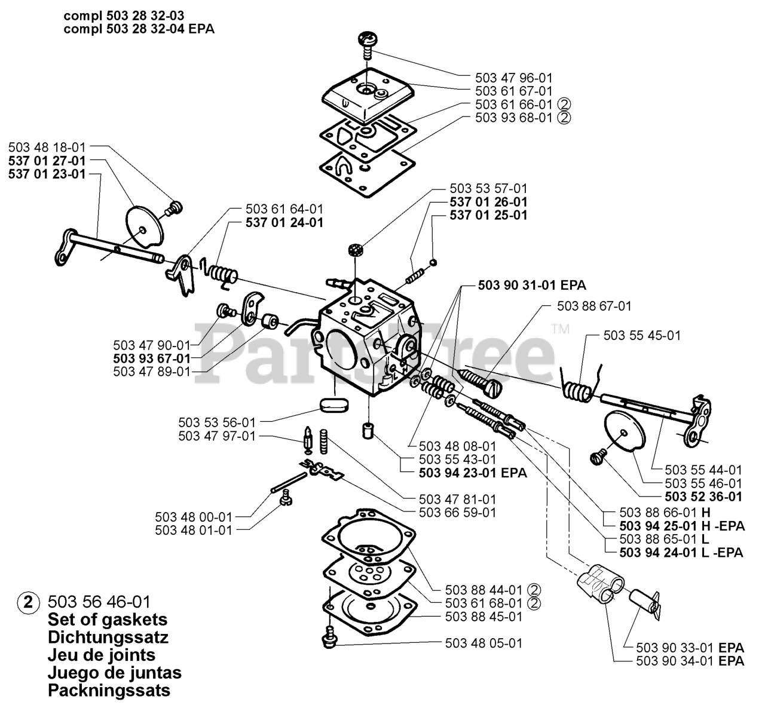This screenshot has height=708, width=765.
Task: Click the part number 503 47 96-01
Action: click(513, 78)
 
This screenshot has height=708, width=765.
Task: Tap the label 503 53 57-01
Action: click(488, 189)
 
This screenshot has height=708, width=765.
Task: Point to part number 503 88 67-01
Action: click(593, 306)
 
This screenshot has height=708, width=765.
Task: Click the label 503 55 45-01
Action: click(642, 336)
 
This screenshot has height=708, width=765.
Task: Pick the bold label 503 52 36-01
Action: click(703, 496)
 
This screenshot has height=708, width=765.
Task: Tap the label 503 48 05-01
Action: click(484, 643)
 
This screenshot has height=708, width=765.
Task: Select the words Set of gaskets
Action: click(108, 619)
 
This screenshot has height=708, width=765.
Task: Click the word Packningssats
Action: click(109, 691)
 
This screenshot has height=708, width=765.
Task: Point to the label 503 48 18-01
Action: click(47, 147)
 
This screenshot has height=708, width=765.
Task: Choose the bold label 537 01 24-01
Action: click(284, 222)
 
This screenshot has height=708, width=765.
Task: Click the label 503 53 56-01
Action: click(216, 422)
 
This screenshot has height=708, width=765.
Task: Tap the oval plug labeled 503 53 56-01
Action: click(333, 404)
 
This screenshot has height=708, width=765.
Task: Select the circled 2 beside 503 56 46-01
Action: click(26, 601)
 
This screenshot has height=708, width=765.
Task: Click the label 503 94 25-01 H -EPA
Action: click(681, 526)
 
